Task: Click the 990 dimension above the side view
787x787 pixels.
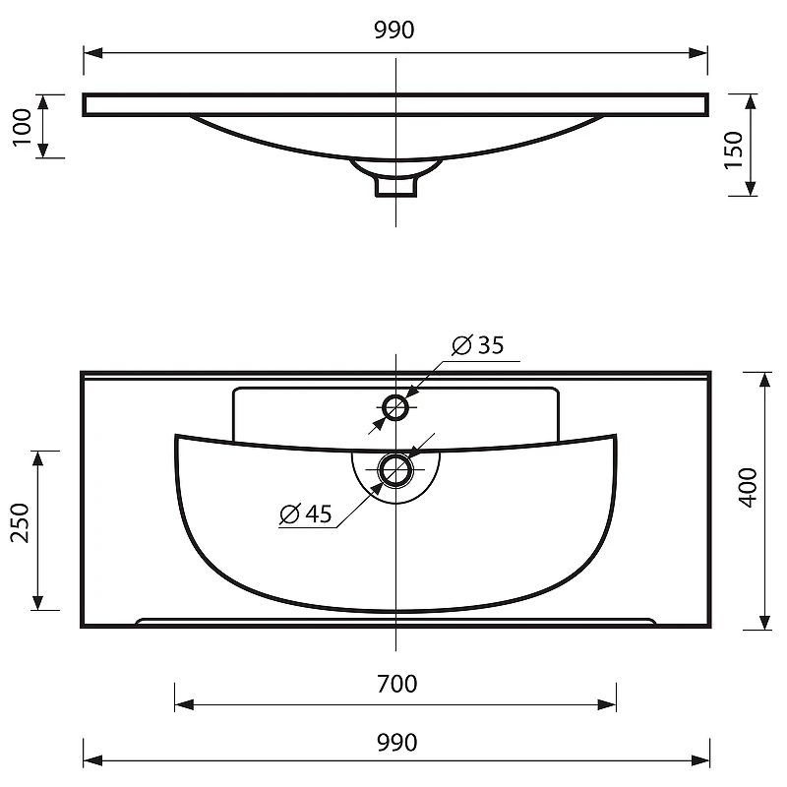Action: (394, 30)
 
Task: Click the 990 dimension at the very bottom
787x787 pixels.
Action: (396, 743)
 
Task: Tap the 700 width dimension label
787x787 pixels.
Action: (396, 684)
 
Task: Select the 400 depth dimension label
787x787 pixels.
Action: (748, 487)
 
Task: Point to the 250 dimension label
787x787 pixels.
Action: (21, 522)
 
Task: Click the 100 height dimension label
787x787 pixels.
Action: (22, 127)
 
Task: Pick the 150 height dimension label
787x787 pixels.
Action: (733, 151)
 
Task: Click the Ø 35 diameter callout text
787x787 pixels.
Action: (477, 345)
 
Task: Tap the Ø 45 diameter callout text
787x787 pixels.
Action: (306, 514)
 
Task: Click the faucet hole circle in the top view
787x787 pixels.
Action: (395, 395)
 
